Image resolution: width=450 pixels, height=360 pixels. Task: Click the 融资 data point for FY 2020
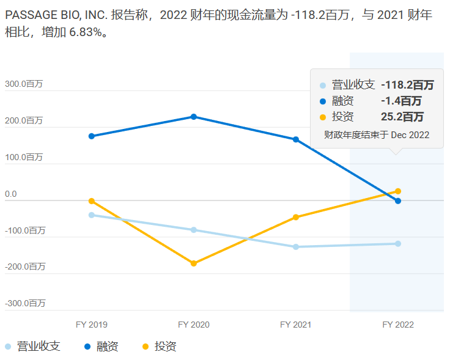pyautogui.click(x=194, y=117)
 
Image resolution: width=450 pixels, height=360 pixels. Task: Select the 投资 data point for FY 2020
pyautogui.click(x=194, y=263)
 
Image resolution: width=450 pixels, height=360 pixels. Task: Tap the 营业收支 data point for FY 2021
pyautogui.click(x=296, y=247)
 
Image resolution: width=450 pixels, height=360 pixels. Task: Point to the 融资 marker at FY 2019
pyautogui.click(x=92, y=136)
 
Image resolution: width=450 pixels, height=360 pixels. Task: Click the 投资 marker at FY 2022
pyautogui.click(x=398, y=191)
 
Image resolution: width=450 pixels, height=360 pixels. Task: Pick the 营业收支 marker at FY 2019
pyautogui.click(x=92, y=215)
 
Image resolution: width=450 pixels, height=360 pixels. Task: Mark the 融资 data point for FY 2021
pyautogui.click(x=296, y=139)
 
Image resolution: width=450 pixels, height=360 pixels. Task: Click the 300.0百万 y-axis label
pyautogui.click(x=24, y=84)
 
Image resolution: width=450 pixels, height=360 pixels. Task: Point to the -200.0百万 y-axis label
pyautogui.click(x=25, y=266)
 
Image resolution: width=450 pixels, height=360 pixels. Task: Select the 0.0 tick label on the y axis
pyautogui.click(x=11, y=194)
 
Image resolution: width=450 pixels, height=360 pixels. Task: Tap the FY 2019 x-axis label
pyautogui.click(x=92, y=325)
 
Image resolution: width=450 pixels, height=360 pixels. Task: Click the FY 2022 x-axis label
pyautogui.click(x=398, y=325)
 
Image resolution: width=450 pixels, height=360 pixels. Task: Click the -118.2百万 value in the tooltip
pyautogui.click(x=407, y=85)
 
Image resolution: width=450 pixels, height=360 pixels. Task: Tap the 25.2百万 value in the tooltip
pyautogui.click(x=402, y=117)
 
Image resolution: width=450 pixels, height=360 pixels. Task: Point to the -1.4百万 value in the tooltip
pyautogui.click(x=401, y=101)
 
